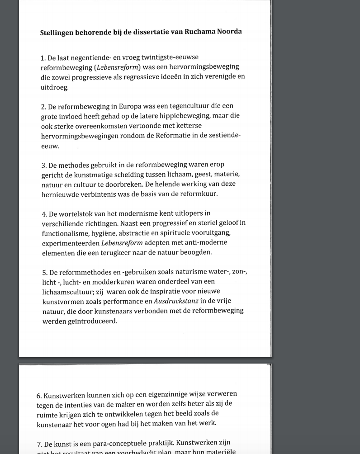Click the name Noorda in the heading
[x=227, y=32]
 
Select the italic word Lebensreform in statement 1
[x=118, y=67]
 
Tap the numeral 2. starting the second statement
[x=43, y=107]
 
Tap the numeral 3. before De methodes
[x=44, y=165]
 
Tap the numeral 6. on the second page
[x=39, y=396]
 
